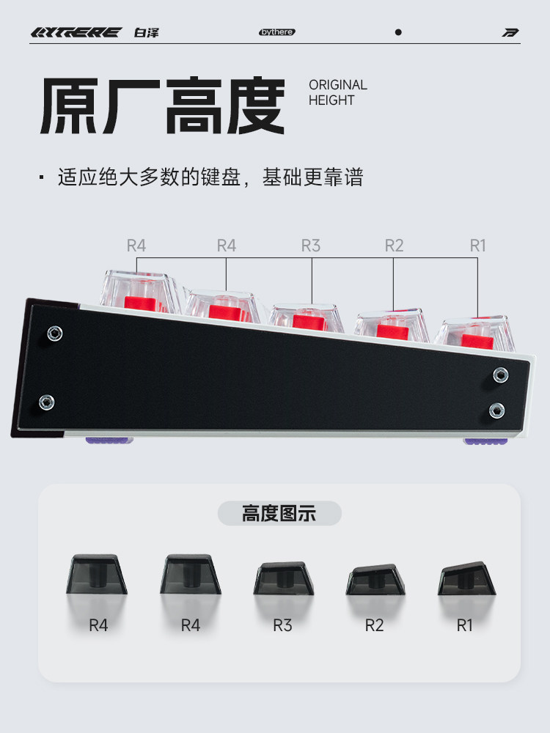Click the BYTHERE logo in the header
tap(76, 32)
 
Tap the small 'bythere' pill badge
tap(277, 32)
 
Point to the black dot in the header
tap(398, 32)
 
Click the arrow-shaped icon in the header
tap(510, 32)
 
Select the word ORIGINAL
tap(337, 85)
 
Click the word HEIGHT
tap(331, 100)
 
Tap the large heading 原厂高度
tap(163, 106)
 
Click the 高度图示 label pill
tap(279, 513)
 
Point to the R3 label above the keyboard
tap(310, 246)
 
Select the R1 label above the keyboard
tap(477, 246)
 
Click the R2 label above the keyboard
tap(394, 246)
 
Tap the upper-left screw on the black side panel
tap(55, 334)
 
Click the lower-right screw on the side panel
tap(496, 411)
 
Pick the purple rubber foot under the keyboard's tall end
tap(109, 441)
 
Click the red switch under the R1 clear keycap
tap(477, 342)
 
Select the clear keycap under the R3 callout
tap(306, 318)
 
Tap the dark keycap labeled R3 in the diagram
tap(283, 578)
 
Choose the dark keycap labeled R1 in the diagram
tap(466, 579)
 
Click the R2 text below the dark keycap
tap(374, 625)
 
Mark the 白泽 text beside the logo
tap(147, 32)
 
